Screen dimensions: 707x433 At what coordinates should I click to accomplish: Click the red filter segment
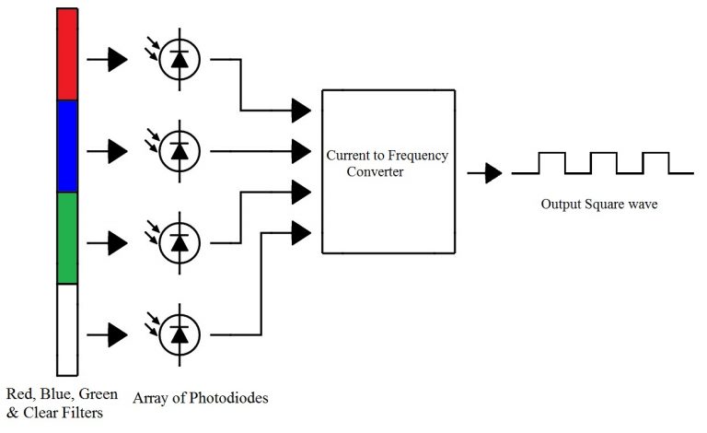point(67,54)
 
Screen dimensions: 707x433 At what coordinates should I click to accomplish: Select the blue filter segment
point(67,146)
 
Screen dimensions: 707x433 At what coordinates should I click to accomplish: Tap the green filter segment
point(67,238)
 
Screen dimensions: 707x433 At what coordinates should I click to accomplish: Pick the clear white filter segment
point(67,330)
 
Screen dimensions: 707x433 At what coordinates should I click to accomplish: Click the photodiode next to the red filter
point(180,59)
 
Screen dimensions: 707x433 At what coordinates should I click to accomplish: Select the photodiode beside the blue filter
point(180,151)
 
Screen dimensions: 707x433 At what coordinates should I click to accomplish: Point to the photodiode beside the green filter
point(180,243)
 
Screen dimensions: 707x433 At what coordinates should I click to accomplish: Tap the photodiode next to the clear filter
point(180,335)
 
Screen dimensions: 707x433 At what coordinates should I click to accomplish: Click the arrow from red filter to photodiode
point(108,59)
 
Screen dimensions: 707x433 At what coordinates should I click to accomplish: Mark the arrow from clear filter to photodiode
point(108,335)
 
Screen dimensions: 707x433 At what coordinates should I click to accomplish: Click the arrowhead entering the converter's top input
point(301,110)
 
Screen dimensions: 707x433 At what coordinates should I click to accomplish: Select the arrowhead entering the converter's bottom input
point(301,233)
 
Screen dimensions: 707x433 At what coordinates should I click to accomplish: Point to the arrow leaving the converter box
point(485,173)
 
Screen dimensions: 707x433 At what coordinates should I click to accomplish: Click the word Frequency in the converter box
point(418,156)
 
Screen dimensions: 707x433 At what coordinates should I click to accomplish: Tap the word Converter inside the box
point(376,172)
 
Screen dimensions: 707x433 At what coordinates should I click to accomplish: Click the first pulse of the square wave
point(552,163)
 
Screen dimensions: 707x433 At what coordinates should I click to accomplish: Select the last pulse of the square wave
point(655,163)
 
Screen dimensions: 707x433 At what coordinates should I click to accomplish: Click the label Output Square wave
point(599,205)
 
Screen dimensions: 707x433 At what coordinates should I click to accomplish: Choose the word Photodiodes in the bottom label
point(228,398)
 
